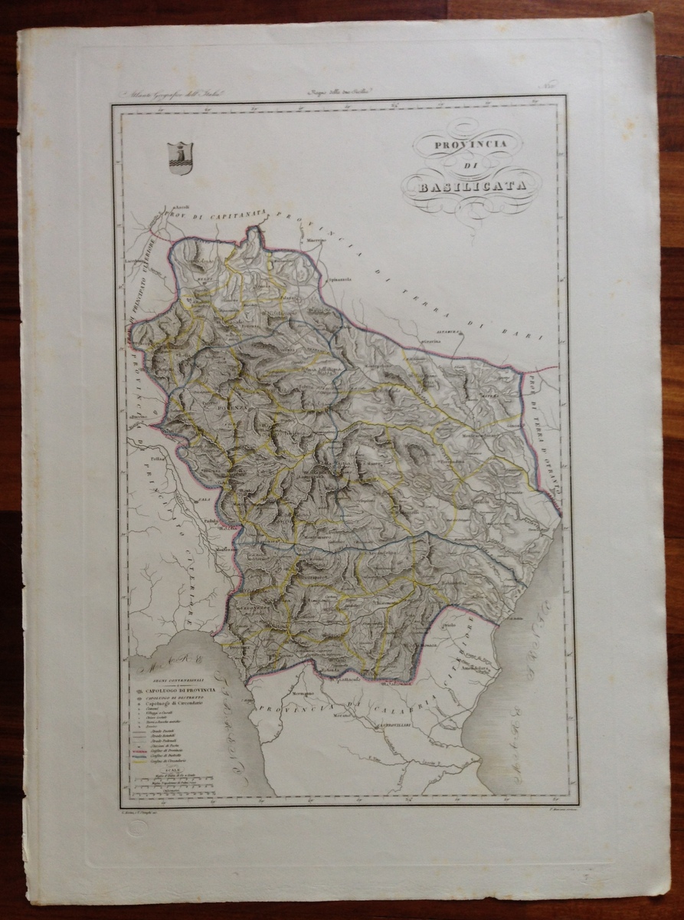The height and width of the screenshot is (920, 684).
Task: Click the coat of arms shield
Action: [x=181, y=157]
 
